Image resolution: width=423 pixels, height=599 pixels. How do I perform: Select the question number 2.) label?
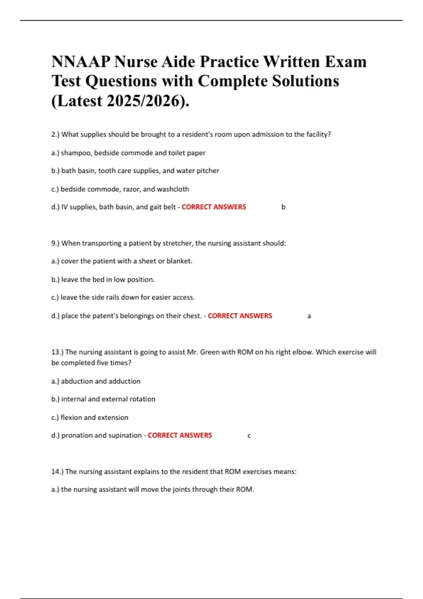56,134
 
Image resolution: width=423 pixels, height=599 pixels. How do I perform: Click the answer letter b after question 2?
283,207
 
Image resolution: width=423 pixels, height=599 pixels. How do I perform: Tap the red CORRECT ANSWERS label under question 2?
214,207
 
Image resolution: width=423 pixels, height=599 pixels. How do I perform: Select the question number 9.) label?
56,243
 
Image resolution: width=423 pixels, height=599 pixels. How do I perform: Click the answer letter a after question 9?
309,316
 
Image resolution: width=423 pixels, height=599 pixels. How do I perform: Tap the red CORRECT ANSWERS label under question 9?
240,316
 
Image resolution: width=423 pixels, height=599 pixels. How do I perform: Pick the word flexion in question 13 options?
71,418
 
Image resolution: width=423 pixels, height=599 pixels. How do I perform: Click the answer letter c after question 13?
249,436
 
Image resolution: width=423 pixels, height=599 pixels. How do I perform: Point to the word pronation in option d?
76,436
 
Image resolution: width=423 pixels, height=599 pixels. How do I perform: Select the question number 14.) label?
57,471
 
